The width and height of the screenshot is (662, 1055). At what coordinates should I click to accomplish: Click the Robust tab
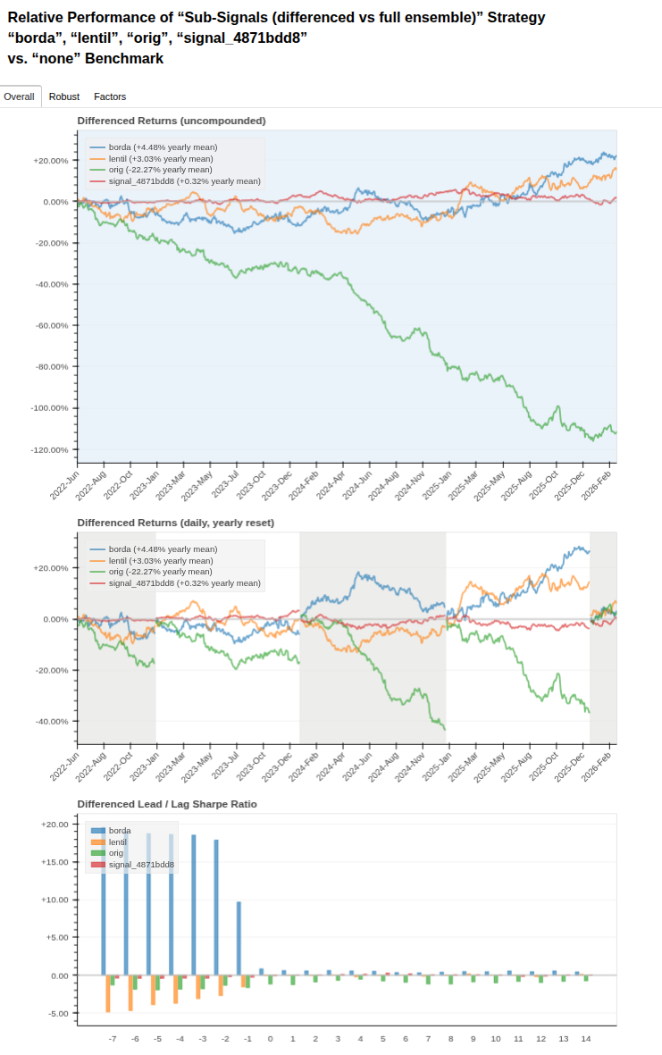pos(64,96)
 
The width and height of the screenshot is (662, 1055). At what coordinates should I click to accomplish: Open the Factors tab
pos(110,96)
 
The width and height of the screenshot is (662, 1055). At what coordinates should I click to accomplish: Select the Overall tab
pos(19,96)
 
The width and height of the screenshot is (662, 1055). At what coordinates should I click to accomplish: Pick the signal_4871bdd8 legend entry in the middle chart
pos(175,583)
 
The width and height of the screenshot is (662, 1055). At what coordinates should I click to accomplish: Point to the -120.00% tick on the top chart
pos(51,449)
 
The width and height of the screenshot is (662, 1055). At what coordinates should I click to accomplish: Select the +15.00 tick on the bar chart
pos(55,862)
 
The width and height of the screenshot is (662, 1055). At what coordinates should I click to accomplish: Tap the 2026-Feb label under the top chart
pos(596,485)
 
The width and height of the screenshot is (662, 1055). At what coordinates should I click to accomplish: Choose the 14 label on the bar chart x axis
pos(586,1039)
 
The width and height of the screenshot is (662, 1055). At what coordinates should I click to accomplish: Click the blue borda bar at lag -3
pos(194,905)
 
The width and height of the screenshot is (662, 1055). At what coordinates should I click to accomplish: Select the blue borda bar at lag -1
pos(239,939)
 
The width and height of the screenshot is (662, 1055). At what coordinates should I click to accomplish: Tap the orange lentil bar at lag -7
pos(108,993)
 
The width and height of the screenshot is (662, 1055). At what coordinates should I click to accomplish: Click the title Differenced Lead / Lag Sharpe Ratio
pos(167,804)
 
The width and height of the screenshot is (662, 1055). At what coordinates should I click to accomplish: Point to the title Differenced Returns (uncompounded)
pos(172,121)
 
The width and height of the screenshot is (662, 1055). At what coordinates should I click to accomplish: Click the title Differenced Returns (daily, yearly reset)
pos(176,523)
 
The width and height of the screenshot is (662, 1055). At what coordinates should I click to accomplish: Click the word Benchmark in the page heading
pos(124,59)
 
